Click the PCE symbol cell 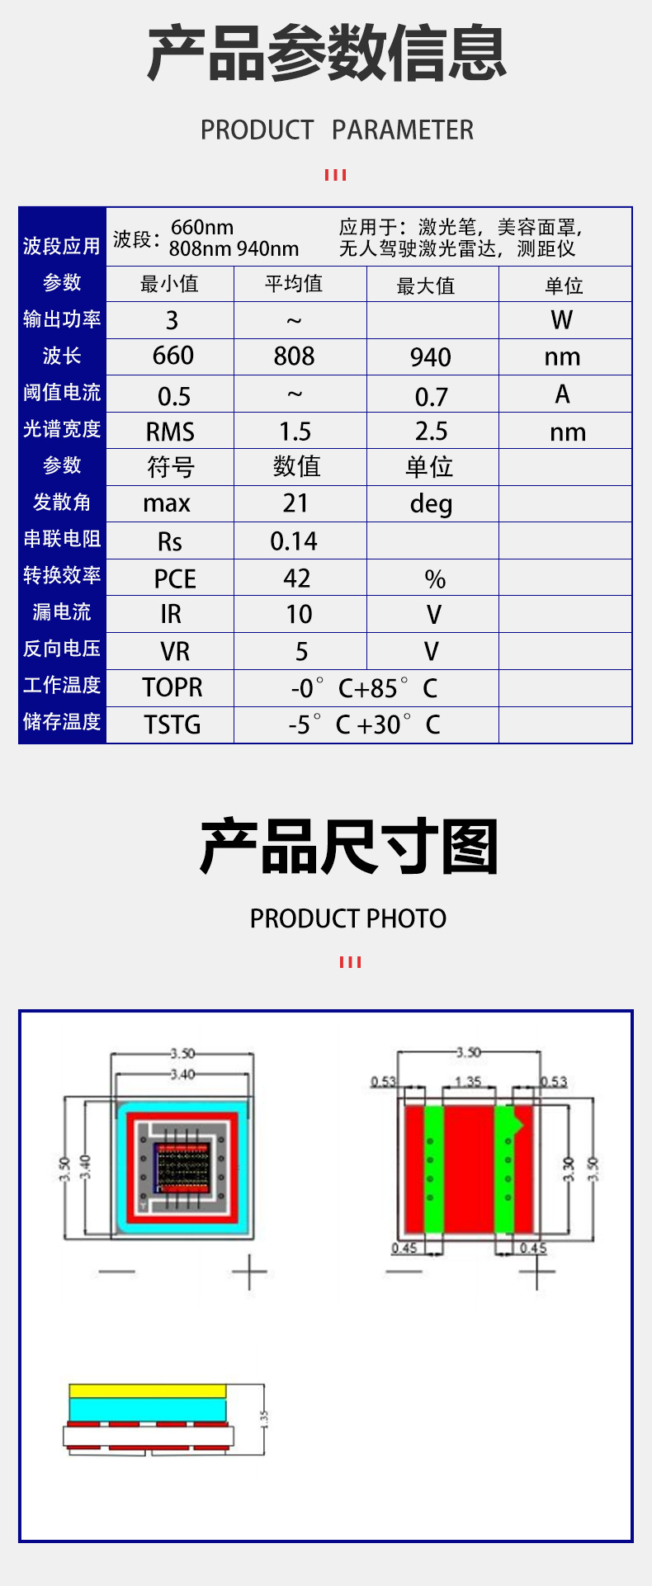pos(175,578)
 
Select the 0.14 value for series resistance pos(294,541)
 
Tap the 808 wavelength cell pos(294,356)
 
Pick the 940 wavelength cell pos(431,357)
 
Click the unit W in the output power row pos(562,320)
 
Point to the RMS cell pos(170,432)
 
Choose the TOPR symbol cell pos(172,687)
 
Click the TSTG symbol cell pos(172,725)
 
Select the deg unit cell pos(431,504)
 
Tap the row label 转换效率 pos(62,575)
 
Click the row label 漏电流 pos(62,612)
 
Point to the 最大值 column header pos(426,286)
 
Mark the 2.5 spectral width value pos(431,431)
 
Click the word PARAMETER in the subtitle pos(403,130)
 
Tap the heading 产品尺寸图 pos(349,847)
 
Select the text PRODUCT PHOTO pos(348,918)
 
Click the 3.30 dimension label pos(568,1168)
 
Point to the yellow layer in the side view pos(148,1390)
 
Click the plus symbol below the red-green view pos(536,1272)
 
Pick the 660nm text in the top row pos(202,228)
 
